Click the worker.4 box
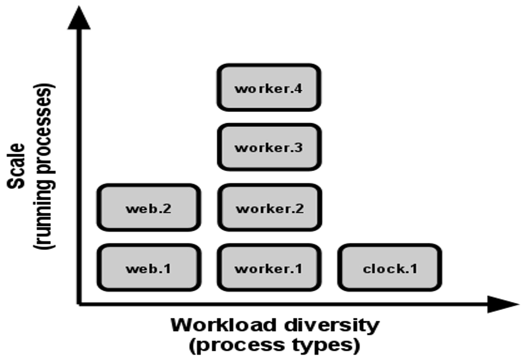tap(269, 88)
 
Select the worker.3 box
tap(269, 147)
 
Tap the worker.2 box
tap(269, 207)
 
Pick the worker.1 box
tap(269, 267)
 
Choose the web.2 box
tap(149, 207)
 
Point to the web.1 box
tap(149, 267)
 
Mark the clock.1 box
tap(390, 267)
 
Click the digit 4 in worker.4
tap(298, 88)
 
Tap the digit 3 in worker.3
tap(298, 148)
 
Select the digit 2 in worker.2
tap(299, 208)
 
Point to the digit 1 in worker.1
tap(298, 268)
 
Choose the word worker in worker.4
tap(260, 89)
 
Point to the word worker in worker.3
tap(260, 148)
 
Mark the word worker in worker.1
tap(260, 269)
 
